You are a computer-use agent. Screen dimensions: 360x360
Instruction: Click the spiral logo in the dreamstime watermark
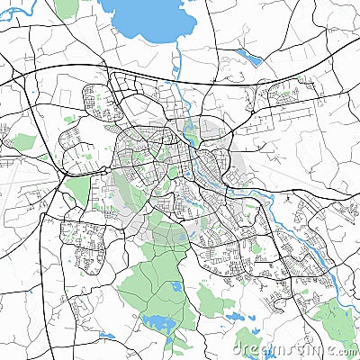pos(241,345)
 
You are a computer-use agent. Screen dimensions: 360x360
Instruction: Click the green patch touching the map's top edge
pos(66,8)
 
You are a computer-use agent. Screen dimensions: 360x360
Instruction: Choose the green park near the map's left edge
pos(24,141)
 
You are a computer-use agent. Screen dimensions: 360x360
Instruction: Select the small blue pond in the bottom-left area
pos(106,337)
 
